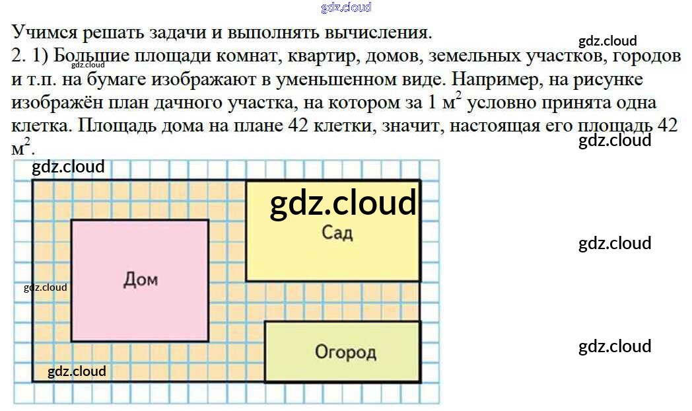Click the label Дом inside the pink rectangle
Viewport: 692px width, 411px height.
140,280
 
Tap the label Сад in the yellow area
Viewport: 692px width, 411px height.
337,233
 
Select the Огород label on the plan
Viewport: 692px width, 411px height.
345,352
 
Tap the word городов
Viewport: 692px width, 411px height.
646,56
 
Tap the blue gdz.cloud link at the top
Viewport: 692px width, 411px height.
346,7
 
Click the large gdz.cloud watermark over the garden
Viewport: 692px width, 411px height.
343,202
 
